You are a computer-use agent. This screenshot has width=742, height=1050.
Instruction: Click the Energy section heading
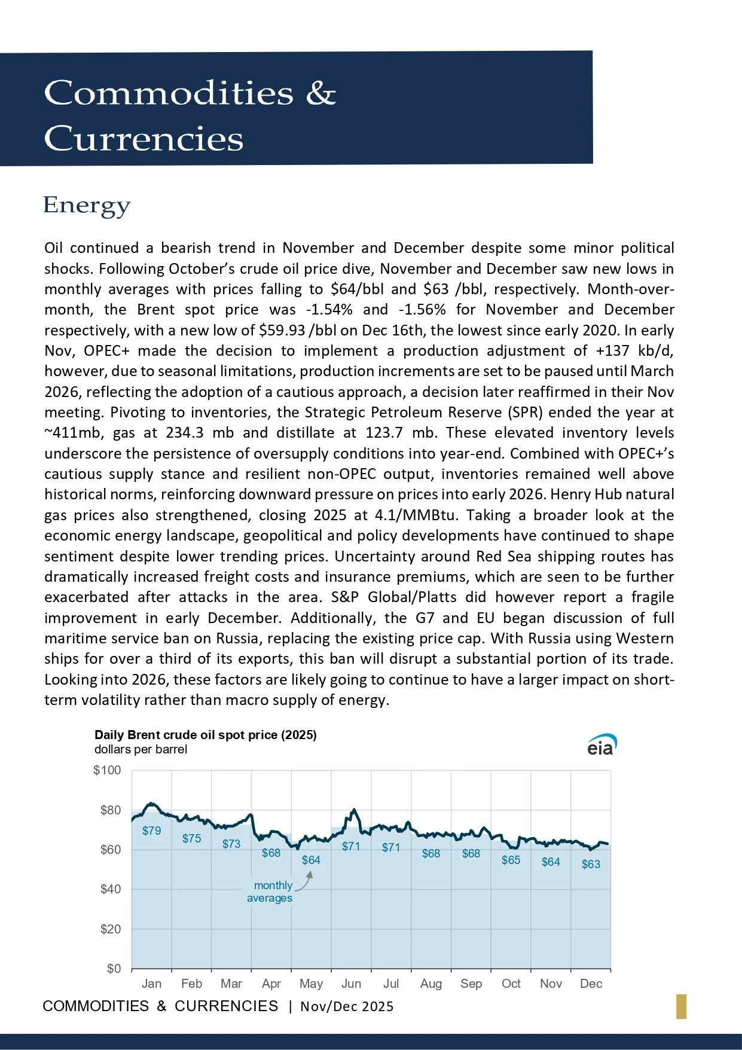(87, 205)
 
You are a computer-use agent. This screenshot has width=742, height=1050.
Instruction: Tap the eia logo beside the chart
(601, 745)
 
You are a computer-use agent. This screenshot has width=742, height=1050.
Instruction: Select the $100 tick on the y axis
(107, 770)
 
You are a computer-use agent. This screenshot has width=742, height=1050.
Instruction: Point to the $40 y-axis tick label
(110, 889)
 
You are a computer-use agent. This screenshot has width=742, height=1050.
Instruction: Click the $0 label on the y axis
(114, 969)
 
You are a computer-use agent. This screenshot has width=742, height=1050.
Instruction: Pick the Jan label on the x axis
(151, 984)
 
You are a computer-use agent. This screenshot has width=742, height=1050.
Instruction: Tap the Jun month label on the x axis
(351, 984)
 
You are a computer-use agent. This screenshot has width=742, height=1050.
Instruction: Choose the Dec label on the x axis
(591, 984)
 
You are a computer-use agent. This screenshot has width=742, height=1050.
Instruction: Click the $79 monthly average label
(151, 831)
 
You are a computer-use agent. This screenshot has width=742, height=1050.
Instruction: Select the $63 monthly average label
(591, 864)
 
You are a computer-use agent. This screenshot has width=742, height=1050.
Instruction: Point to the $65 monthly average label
(511, 860)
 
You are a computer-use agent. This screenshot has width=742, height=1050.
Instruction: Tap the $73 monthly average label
(231, 844)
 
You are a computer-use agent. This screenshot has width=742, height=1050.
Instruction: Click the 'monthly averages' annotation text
(271, 892)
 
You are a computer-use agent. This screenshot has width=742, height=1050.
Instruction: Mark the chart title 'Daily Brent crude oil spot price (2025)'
(206, 735)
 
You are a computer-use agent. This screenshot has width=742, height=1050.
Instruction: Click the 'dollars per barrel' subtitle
(141, 750)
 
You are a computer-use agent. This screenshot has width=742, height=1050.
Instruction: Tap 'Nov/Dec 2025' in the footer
(347, 1006)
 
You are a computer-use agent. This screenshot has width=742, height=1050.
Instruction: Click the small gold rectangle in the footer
(681, 1006)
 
